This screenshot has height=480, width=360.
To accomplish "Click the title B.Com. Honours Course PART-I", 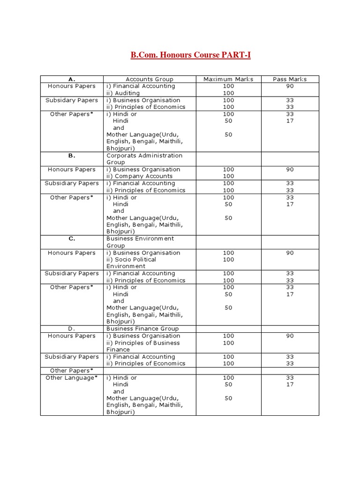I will (x=190, y=55).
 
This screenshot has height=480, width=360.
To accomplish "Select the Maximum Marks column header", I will (x=228, y=79).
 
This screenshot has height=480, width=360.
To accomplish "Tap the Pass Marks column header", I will (x=290, y=79).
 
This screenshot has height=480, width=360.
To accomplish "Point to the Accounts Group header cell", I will (x=149, y=79).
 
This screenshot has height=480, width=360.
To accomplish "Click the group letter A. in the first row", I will (x=72, y=79).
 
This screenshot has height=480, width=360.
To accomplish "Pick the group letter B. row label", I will (x=72, y=156).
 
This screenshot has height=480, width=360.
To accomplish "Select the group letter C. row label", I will (x=72, y=239).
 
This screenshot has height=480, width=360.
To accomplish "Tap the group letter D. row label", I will (x=72, y=329).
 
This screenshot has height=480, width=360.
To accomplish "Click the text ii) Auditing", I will (x=123, y=93).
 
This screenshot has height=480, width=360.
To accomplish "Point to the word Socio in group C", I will (x=124, y=259).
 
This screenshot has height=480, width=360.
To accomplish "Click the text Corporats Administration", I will (x=144, y=156).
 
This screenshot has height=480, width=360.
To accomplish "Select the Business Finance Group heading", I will (x=142, y=329).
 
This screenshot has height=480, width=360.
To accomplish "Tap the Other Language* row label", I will (x=72, y=378).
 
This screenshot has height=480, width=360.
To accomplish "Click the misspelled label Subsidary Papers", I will (x=72, y=100).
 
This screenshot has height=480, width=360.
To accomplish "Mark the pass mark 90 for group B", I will (x=290, y=170).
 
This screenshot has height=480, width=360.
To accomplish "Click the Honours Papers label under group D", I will (x=72, y=336).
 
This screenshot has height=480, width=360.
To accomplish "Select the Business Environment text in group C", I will (x=140, y=239).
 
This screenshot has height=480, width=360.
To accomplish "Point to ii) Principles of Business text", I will (x=143, y=343).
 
